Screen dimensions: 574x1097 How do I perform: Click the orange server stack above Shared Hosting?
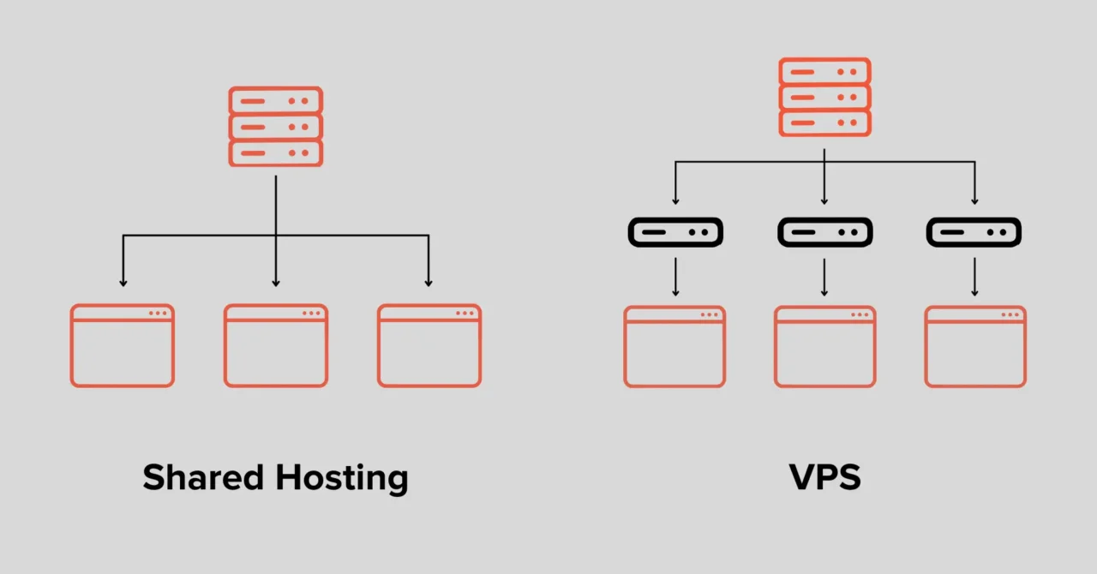coord(275,127)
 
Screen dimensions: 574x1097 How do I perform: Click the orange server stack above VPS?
coord(824,97)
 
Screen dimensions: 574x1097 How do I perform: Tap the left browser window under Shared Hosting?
coord(123,345)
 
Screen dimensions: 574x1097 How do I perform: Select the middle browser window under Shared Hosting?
coord(275,345)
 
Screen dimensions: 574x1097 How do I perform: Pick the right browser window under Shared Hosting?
coord(429,345)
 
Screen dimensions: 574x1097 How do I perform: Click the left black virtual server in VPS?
coord(675,232)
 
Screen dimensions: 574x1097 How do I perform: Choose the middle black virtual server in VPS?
coord(824,232)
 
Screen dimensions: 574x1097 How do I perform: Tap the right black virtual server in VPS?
coord(974,232)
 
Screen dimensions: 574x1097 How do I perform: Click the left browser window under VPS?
coord(675,347)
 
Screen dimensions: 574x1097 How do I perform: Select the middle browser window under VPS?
coord(824,347)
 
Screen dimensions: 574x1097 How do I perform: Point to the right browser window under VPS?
coord(975,347)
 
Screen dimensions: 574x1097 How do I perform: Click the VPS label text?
coord(824,477)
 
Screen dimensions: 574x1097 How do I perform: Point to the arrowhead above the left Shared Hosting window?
coord(123,281)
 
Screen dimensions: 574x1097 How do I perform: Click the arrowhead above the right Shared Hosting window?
coord(429,281)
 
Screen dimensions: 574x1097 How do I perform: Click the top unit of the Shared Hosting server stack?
coord(275,100)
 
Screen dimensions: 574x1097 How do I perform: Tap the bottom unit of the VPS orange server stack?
coord(824,123)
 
